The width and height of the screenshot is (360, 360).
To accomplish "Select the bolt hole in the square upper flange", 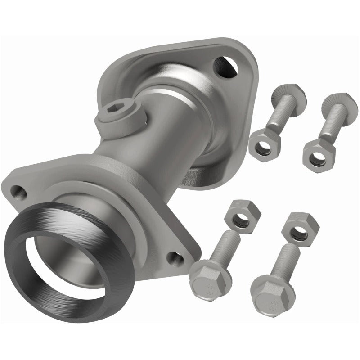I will pos(224,66).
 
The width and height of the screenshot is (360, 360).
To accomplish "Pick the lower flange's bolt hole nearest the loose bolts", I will pos(175,258).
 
